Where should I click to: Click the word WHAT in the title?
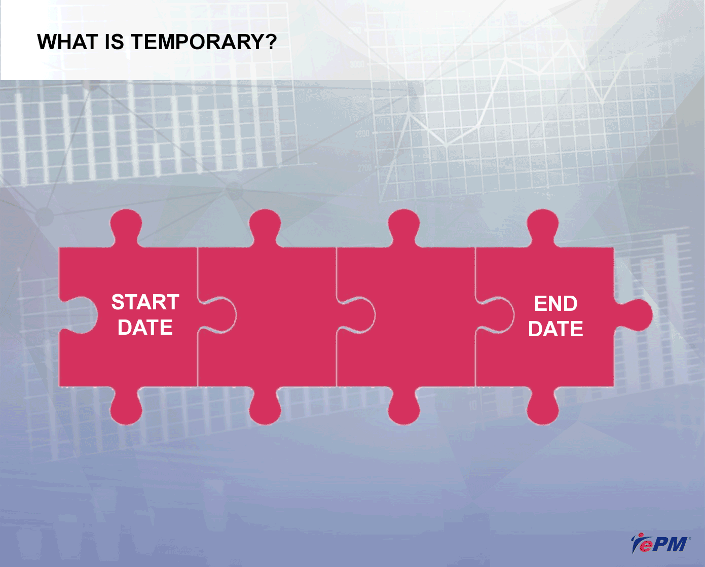67,42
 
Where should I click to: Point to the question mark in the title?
270,42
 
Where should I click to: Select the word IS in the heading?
115,42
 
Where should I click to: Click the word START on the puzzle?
145,302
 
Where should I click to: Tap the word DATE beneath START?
145,327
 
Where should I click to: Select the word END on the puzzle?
555,303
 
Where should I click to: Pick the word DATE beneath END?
555,329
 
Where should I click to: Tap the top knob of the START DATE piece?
126,227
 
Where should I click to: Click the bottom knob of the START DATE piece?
126,406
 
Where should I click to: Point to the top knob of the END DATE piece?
542,227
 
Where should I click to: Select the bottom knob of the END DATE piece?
542,406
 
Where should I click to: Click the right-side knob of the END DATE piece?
634,315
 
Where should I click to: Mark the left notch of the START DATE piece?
79,315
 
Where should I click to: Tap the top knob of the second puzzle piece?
265,227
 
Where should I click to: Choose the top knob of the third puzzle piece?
404,227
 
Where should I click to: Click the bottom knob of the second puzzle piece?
265,406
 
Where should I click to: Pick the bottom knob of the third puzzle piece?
404,406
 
